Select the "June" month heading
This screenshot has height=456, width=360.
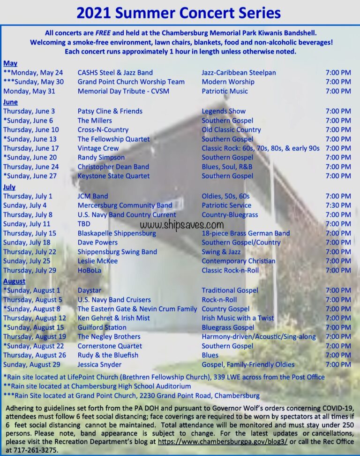coord(10,102)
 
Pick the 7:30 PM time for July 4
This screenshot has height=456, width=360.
coord(338,205)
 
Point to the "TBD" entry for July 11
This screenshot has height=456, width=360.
coord(84,224)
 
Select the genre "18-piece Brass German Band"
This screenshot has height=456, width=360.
coord(246,233)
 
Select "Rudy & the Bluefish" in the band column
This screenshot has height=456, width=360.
coord(108,355)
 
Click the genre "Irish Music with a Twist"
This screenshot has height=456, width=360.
coord(238,318)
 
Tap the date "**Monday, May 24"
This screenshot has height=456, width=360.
coord(33,73)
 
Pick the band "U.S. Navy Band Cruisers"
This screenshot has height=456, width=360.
coord(114,300)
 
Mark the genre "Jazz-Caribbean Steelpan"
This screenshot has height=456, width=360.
coord(239,73)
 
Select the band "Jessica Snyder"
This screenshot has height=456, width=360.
coord(99,365)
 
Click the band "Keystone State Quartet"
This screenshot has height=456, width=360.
coord(113,176)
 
